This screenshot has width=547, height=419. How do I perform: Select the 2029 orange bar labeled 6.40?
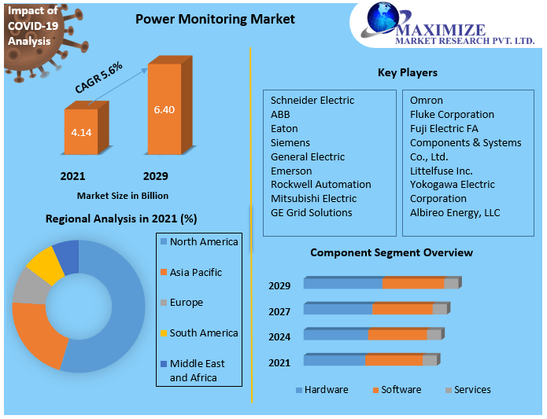click(x=164, y=109)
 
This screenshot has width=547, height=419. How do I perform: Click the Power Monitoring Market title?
click(x=215, y=19)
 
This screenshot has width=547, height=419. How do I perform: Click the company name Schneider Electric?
click(x=312, y=101)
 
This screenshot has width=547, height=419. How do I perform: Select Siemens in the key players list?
click(x=290, y=143)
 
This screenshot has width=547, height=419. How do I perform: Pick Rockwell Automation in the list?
click(x=320, y=185)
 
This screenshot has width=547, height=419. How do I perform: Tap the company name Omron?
click(x=426, y=101)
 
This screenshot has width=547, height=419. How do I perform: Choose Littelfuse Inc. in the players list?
click(x=441, y=171)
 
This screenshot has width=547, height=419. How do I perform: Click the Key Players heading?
click(x=407, y=73)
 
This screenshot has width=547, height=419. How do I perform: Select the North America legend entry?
click(x=203, y=242)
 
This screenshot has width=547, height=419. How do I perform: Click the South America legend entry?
click(x=203, y=333)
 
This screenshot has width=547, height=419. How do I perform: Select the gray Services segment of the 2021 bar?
click(x=429, y=360)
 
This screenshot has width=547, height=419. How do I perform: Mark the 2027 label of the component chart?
click(x=279, y=311)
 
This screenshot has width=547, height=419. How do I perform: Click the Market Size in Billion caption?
click(x=122, y=196)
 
